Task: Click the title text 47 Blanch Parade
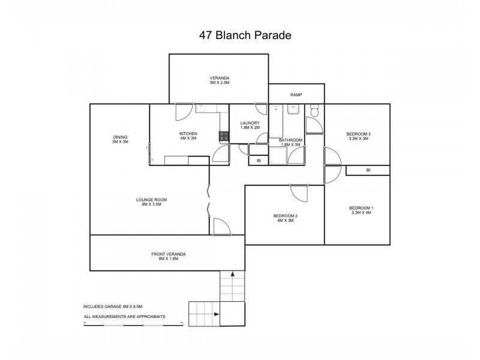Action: [245, 35]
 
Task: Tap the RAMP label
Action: [296, 95]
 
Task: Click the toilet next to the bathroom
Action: [314, 111]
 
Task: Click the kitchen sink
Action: [202, 108]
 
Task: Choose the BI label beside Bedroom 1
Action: [368, 170]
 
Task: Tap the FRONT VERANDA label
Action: [168, 254]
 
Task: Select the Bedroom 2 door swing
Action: [298, 193]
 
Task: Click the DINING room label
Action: [120, 137]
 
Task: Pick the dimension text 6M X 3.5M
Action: [151, 205]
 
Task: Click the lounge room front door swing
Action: [221, 226]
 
